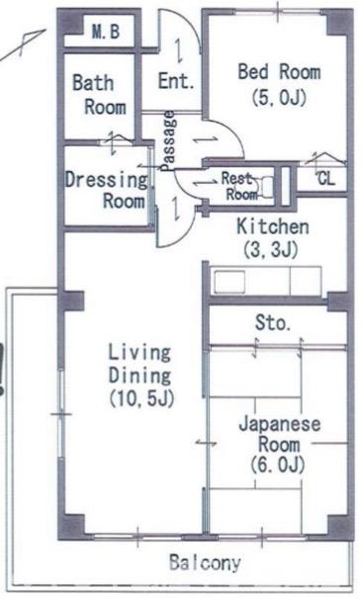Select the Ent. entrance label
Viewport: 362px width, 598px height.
coord(175,84)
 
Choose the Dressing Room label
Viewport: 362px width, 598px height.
coord(109,191)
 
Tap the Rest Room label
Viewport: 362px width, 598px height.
coord(237,187)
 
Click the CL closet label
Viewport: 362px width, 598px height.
coord(325,179)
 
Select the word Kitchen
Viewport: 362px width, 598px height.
coord(272,227)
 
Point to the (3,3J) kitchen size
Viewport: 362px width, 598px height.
coord(272,250)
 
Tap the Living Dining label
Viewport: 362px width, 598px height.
coord(139,364)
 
